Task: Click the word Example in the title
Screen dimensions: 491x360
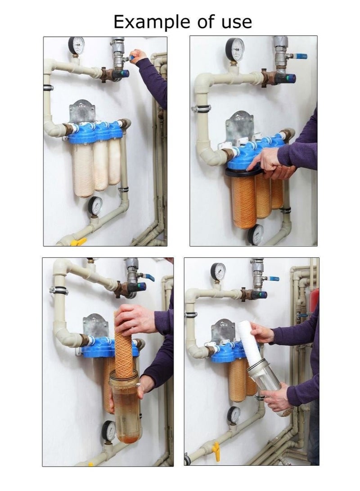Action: pyautogui.click(x=144, y=22)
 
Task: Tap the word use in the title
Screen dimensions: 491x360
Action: pyautogui.click(x=233, y=22)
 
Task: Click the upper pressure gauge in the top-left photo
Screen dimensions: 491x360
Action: pyautogui.click(x=76, y=45)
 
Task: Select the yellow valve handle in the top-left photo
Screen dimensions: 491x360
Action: pyautogui.click(x=78, y=242)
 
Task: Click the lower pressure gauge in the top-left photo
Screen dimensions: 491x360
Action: pyautogui.click(x=95, y=205)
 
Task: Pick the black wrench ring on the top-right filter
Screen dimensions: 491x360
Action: pyautogui.click(x=243, y=171)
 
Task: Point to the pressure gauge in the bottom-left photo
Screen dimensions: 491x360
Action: pyautogui.click(x=108, y=430)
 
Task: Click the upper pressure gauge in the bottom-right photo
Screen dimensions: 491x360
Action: pyautogui.click(x=218, y=271)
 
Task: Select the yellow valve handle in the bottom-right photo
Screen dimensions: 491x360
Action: pyautogui.click(x=216, y=451)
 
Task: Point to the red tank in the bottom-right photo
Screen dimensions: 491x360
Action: pyautogui.click(x=314, y=301)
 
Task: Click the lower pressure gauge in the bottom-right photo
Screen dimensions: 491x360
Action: pyautogui.click(x=234, y=414)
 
